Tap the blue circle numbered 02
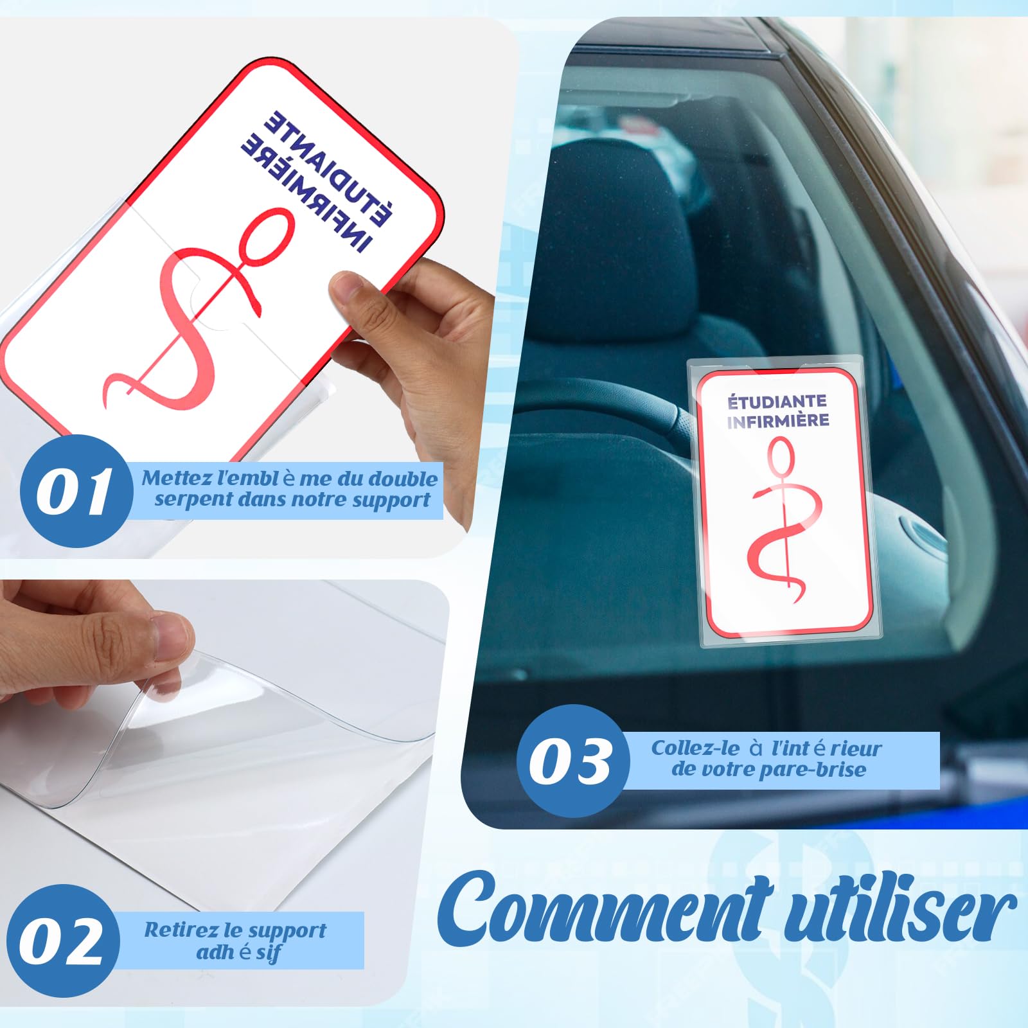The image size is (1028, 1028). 62,941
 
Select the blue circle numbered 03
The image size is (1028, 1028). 571,761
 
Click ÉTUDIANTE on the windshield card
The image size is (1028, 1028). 777,402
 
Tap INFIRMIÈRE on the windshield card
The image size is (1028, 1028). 778,421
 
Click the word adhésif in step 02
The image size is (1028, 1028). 238,952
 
